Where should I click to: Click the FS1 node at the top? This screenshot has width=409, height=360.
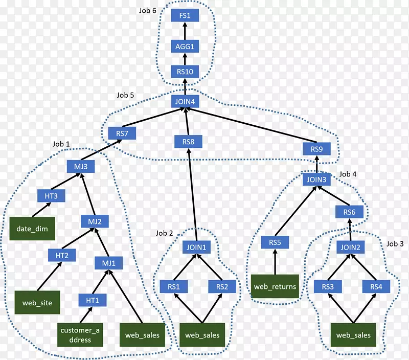point(185,16)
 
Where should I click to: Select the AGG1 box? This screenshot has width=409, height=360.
point(185,47)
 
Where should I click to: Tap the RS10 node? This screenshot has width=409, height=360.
point(185,72)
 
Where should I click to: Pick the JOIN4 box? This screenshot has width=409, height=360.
point(185,102)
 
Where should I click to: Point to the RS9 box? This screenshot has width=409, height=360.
point(316,149)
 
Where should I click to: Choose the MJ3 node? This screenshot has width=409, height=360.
point(80,167)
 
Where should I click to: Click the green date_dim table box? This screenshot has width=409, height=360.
point(33,229)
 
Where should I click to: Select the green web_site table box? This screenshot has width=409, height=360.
point(37,302)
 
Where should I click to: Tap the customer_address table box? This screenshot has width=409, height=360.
point(81,335)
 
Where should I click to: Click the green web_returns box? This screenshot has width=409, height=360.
point(275,286)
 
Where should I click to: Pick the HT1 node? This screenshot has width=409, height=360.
point(92,300)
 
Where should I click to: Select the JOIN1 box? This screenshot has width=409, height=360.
point(196,247)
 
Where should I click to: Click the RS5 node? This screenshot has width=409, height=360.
point(275,242)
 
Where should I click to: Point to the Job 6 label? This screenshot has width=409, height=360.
point(147,11)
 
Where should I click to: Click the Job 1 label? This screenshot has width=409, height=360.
point(61,144)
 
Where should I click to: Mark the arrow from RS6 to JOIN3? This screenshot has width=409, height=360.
point(334,196)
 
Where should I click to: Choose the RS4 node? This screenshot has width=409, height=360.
point(376,287)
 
